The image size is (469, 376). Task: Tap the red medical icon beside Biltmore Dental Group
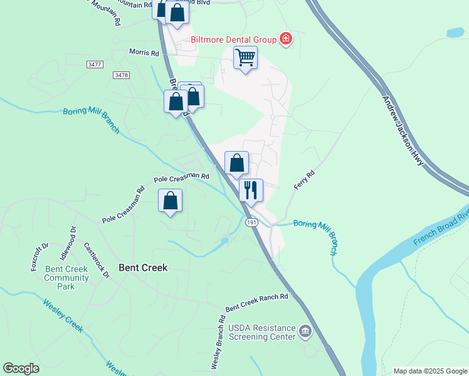(x=286, y=39)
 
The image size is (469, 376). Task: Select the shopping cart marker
(x=245, y=58)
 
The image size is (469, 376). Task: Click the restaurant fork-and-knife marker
(x=251, y=190)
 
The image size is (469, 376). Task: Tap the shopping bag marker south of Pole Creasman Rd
(x=170, y=201)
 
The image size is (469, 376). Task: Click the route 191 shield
(x=252, y=222)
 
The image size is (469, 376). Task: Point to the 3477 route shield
(x=95, y=65)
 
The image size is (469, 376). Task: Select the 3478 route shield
(x=121, y=75)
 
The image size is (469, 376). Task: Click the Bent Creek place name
(x=144, y=268)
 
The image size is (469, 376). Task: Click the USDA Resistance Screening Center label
(x=261, y=332)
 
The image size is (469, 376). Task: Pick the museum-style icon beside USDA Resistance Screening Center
(x=305, y=331)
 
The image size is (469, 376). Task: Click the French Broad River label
(x=441, y=227)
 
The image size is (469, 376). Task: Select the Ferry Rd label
(x=304, y=180)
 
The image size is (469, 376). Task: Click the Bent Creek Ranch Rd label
(x=256, y=302)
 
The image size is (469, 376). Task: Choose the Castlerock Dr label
(x=97, y=261)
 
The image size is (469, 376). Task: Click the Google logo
(x=21, y=368)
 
